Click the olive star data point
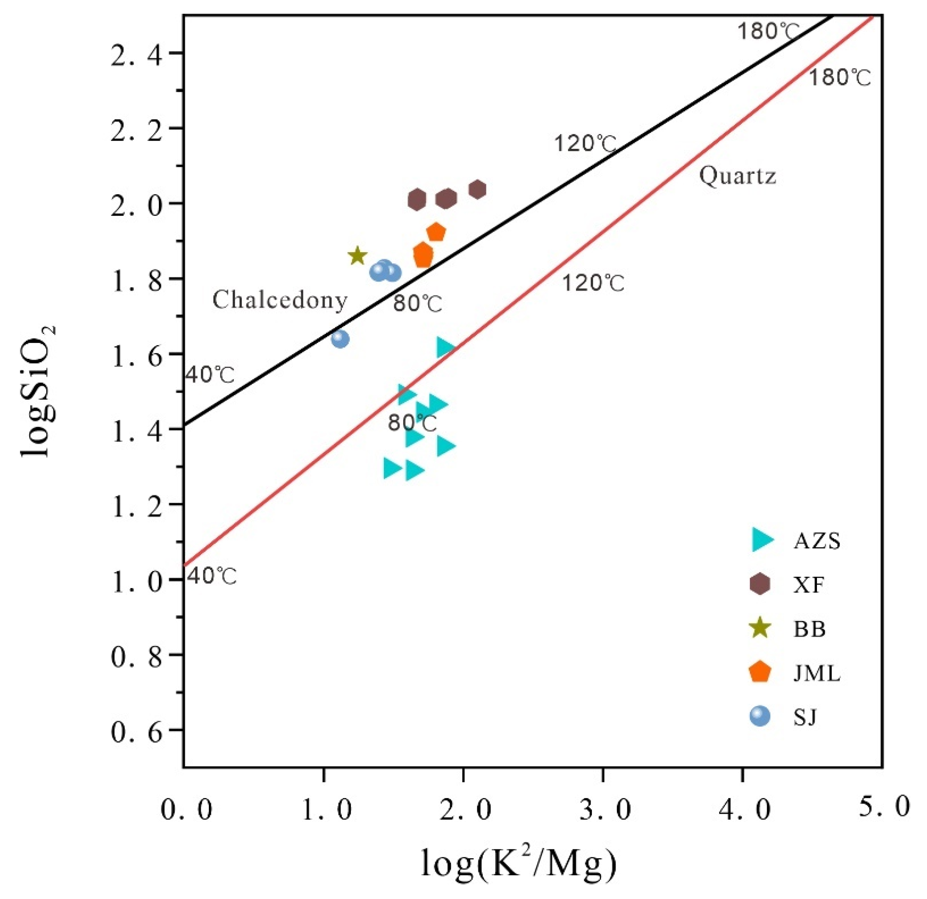point(358,256)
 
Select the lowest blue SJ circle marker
point(340,338)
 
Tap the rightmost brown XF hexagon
point(478,190)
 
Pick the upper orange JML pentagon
point(436,232)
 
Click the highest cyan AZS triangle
point(445,348)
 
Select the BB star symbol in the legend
point(761,629)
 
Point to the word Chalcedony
point(280,300)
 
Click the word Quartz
point(738,176)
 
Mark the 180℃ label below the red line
point(839,78)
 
